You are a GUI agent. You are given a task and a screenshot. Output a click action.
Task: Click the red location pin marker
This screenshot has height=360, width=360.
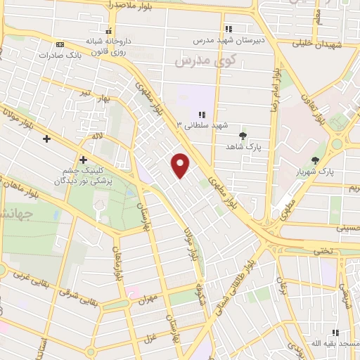click(181, 165)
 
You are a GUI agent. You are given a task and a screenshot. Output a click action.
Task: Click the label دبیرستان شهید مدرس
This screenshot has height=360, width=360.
click(229, 40)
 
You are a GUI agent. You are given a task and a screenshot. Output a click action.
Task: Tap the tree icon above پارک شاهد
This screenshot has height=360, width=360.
click(243, 135)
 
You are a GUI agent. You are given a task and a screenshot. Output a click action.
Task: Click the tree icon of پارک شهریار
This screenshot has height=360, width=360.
click(324, 160)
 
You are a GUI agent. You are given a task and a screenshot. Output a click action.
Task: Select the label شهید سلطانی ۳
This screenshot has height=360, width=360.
click(203, 125)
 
